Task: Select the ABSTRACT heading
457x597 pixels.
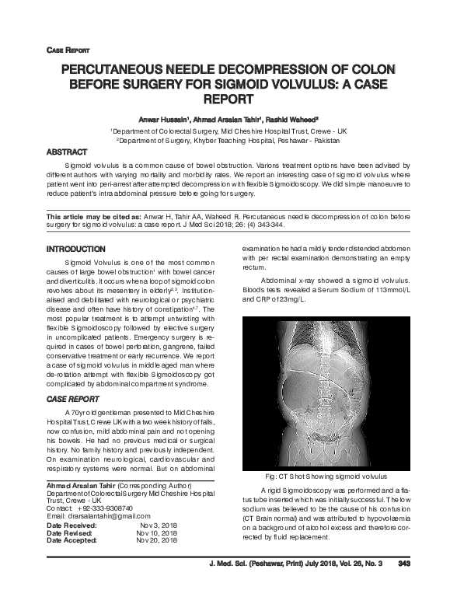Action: [68, 152]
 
